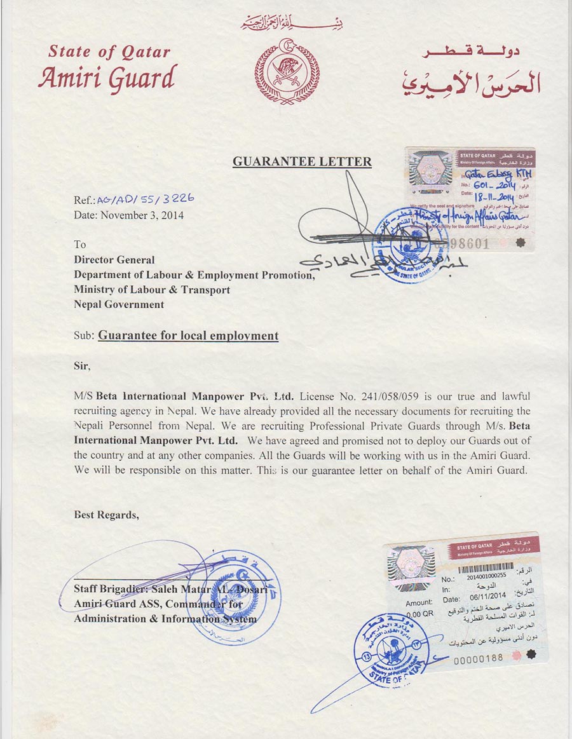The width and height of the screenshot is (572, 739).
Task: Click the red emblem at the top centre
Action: pyautogui.click(x=287, y=71)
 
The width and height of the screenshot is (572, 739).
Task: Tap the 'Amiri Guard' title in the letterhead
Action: pyautogui.click(x=106, y=78)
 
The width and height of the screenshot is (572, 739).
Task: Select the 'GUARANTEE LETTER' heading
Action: pyautogui.click(x=302, y=161)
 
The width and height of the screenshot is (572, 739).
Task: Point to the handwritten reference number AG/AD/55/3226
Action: pyautogui.click(x=145, y=198)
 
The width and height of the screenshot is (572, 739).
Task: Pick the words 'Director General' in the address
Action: pyautogui.click(x=114, y=259)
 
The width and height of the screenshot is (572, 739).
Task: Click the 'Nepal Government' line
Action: pyautogui.click(x=119, y=304)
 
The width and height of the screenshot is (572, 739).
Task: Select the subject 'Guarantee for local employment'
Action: pyautogui.click(x=188, y=335)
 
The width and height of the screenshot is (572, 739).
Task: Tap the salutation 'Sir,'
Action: pyautogui.click(x=83, y=366)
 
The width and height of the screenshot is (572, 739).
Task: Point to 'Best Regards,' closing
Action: pyautogui.click(x=106, y=515)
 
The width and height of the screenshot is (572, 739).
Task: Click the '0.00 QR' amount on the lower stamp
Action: pyautogui.click(x=419, y=614)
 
